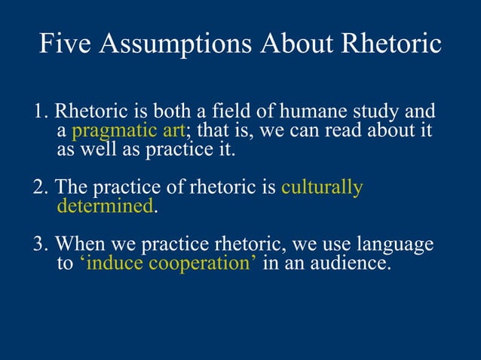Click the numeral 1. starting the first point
pyautogui.click(x=41, y=113)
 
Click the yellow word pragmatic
pyautogui.click(x=110, y=132)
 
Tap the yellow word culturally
pyautogui.click(x=322, y=188)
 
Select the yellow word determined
pyautogui.click(x=105, y=206)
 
